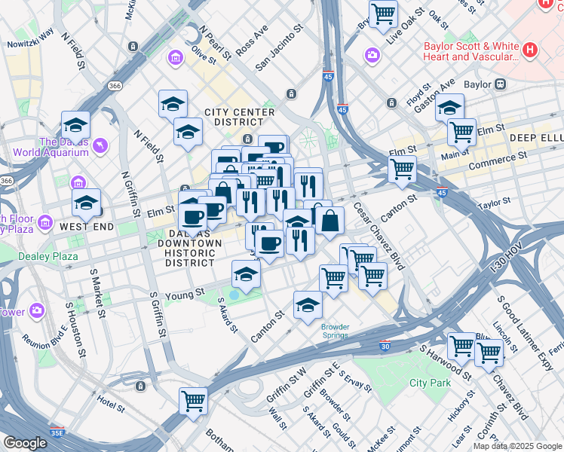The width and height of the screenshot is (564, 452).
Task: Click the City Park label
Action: click(430, 383)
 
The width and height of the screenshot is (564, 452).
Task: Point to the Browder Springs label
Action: click(335, 331)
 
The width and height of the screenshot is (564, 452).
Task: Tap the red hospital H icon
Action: click(530, 50)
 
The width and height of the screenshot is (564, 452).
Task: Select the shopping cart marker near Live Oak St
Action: click(384, 13)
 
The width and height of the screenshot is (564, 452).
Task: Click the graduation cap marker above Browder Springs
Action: click(308, 305)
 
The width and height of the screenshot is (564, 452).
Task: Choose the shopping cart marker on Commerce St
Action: click(403, 169)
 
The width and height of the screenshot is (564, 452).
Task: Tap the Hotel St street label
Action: click(109, 405)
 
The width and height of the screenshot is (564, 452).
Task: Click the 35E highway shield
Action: click(57, 434)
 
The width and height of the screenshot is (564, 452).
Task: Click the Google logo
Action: click(25, 443)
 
